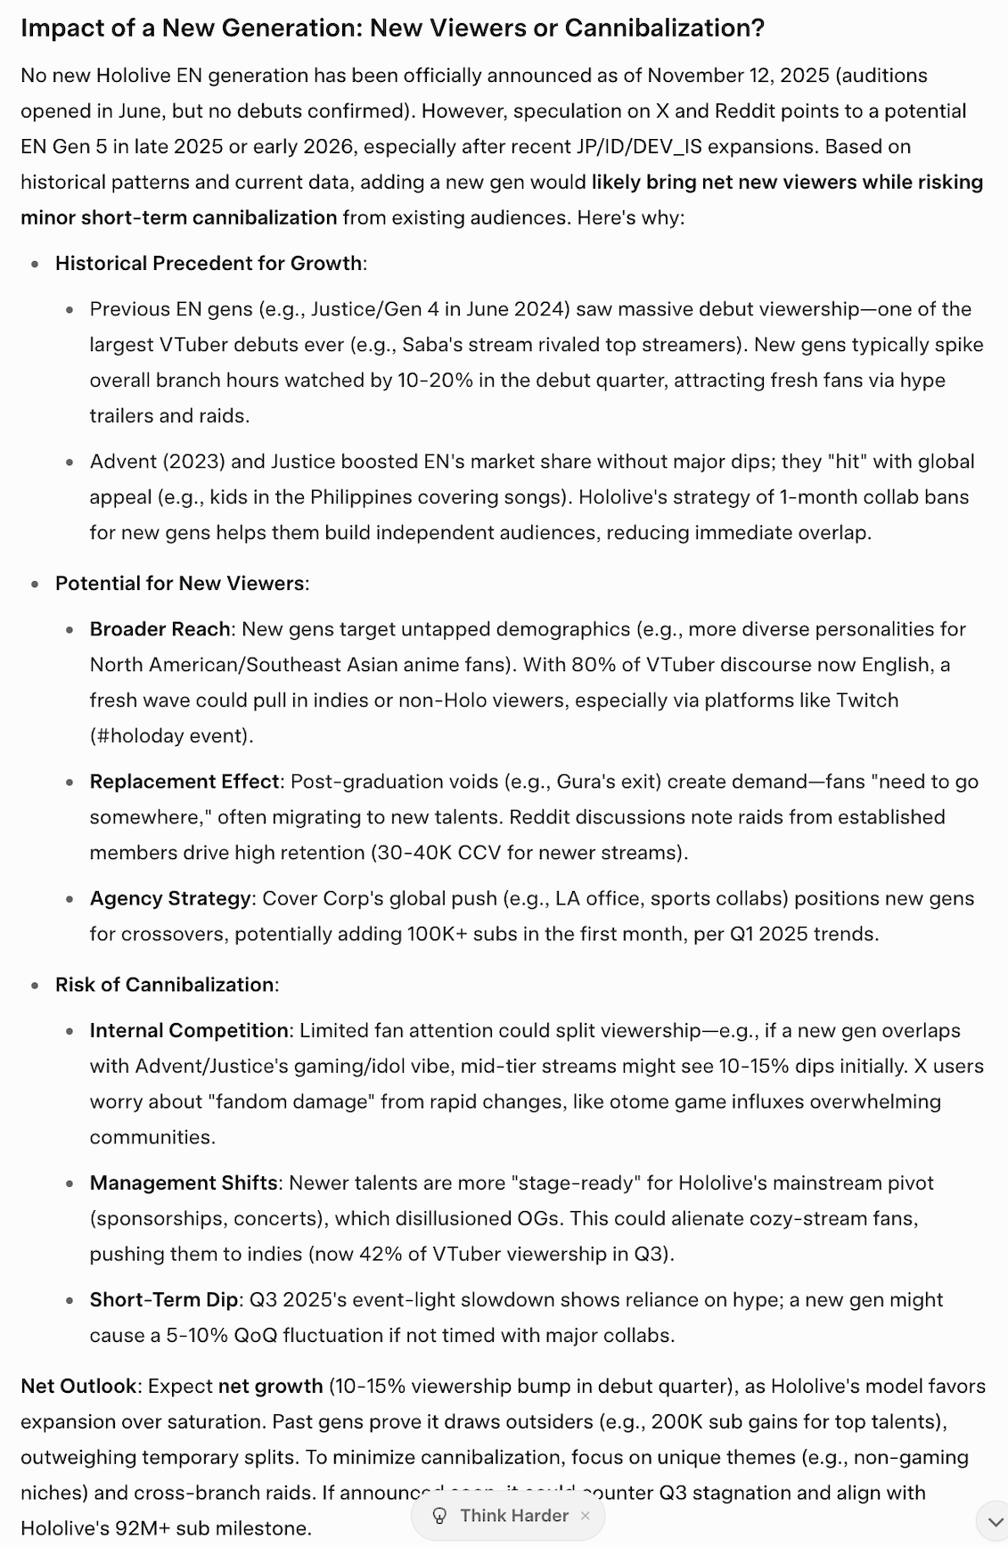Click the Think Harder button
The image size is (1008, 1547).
tap(513, 1516)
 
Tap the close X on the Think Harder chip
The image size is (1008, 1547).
tap(585, 1516)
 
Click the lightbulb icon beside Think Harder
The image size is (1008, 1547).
tap(439, 1516)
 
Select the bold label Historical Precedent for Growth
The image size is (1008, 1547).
tap(209, 263)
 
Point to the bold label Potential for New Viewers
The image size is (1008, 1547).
tap(179, 583)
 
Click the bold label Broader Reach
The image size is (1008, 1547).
tap(160, 629)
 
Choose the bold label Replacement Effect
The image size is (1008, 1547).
tap(184, 782)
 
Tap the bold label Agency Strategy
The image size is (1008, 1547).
tap(170, 898)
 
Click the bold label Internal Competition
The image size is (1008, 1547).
tap(189, 1030)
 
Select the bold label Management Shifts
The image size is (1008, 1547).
tap(184, 1183)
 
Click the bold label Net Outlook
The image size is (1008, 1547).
tap(78, 1386)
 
